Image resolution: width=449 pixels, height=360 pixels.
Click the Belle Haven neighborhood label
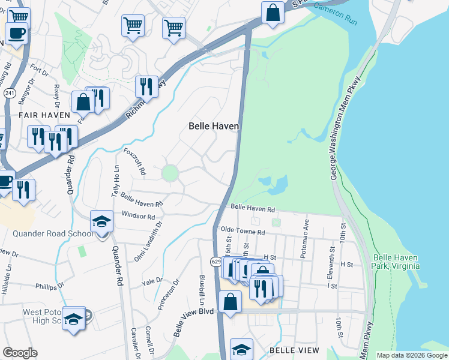tap(214, 126)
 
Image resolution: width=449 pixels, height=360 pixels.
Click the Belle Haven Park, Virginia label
tap(394, 261)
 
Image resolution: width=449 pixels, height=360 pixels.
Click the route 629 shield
tap(216, 262)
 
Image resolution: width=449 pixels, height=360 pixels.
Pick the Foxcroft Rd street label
tap(134, 161)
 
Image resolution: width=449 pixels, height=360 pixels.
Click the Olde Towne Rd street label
tap(243, 231)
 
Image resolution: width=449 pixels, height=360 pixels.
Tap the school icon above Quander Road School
tap(101, 221)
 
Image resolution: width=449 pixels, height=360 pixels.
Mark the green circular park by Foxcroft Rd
tap(170, 173)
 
